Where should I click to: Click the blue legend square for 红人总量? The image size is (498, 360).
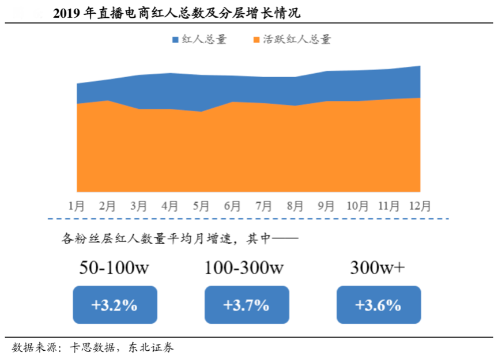(x=176, y=40)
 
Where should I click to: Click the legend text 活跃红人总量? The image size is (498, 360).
(x=297, y=40)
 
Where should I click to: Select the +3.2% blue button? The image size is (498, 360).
(x=114, y=305)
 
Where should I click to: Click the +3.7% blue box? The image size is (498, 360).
(x=246, y=305)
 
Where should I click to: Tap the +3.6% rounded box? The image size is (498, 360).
(x=378, y=305)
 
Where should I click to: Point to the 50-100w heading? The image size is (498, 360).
(x=114, y=268)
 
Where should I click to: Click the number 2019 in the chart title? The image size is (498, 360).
(x=67, y=13)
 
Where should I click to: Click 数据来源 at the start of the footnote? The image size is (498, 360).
(x=35, y=347)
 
